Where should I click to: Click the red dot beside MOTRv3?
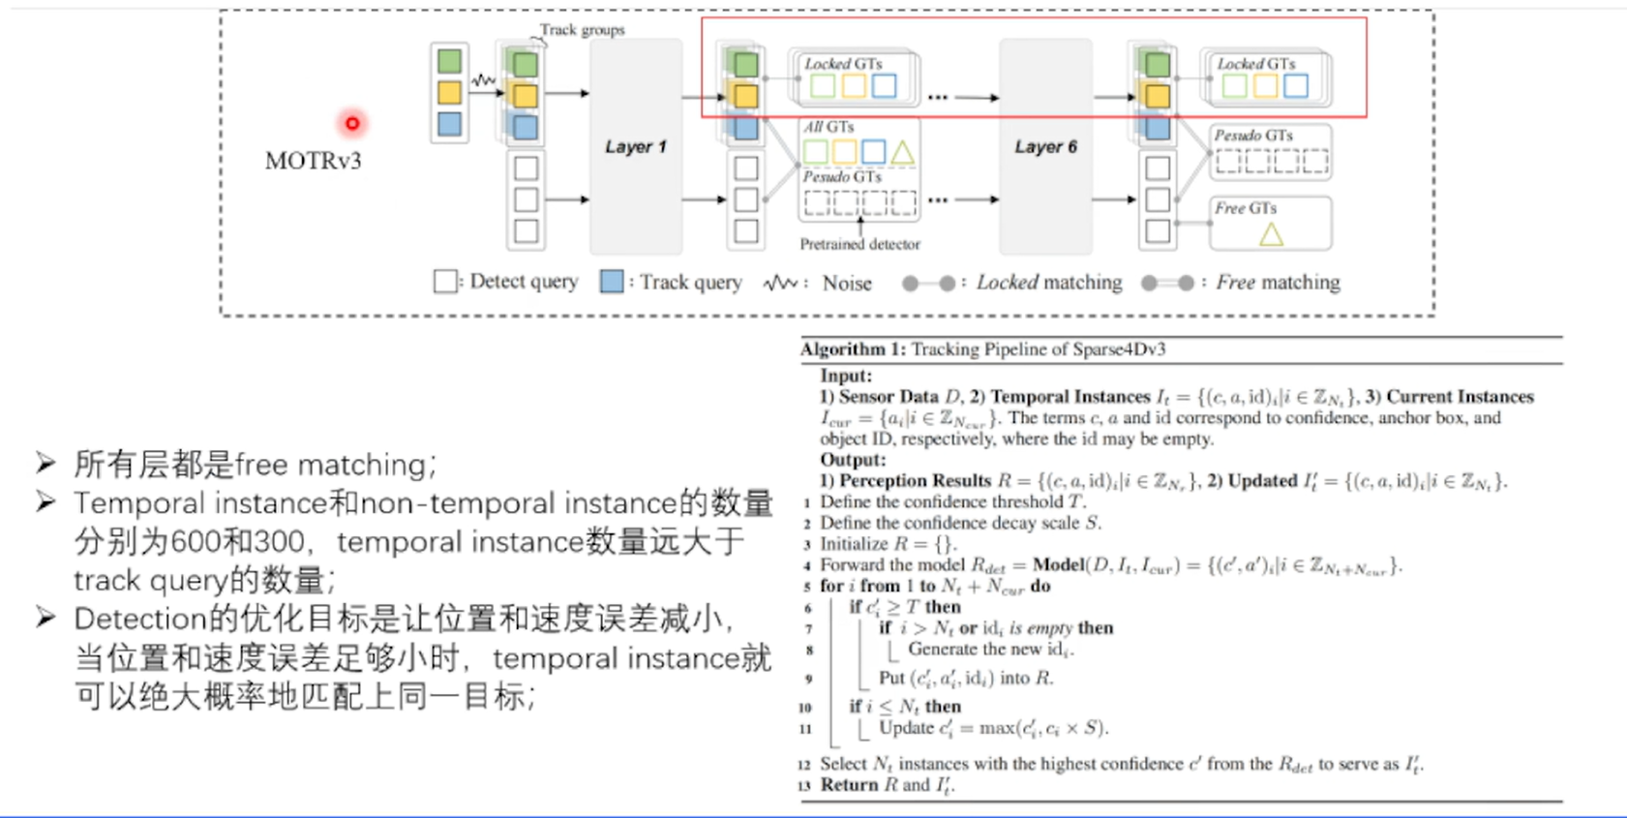pyautogui.click(x=352, y=123)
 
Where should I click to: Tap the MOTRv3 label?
pyautogui.click(x=313, y=161)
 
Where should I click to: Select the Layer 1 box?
pyautogui.click(x=636, y=147)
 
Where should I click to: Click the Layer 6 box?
pyautogui.click(x=1045, y=147)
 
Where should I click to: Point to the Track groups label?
pyautogui.click(x=582, y=30)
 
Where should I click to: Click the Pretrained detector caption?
pyautogui.click(x=859, y=244)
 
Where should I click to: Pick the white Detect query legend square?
pyautogui.click(x=445, y=282)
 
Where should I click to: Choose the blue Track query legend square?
pyautogui.click(x=612, y=282)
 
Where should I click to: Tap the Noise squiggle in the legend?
pyautogui.click(x=780, y=283)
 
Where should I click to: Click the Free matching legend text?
pyautogui.click(x=1278, y=283)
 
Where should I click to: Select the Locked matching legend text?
pyautogui.click(x=1049, y=283)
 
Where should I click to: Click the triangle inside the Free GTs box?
pyautogui.click(x=1271, y=233)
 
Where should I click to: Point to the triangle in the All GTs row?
pyautogui.click(x=902, y=152)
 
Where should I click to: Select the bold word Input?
pyautogui.click(x=846, y=376)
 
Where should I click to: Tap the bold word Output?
pyautogui.click(x=853, y=460)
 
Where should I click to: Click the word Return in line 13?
pyautogui.click(x=849, y=785)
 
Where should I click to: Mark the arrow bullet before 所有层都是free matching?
pyautogui.click(x=45, y=463)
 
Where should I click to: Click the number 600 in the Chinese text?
pyautogui.click(x=197, y=541)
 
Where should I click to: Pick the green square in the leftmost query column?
pyautogui.click(x=449, y=62)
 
